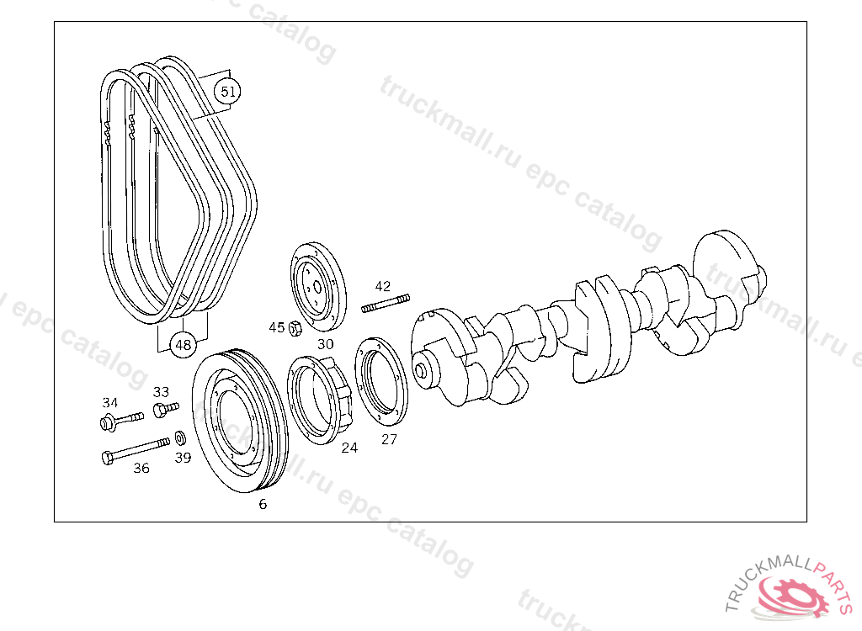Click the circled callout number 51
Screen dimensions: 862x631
(227, 91)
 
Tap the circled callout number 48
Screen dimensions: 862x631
(183, 345)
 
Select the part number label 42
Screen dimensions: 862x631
(383, 286)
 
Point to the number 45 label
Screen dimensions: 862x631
(276, 327)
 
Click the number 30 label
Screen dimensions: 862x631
(326, 344)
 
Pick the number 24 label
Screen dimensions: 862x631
(349, 448)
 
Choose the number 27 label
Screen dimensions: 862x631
(389, 439)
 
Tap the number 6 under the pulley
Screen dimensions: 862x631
(263, 504)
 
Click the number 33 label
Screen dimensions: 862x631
(161, 392)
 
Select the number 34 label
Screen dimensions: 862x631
(110, 403)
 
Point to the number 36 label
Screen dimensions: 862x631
(141, 468)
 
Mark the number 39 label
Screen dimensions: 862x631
(183, 458)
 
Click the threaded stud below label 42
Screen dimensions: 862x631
(386, 303)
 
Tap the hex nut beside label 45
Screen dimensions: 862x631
(295, 328)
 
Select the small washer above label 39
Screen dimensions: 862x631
(180, 438)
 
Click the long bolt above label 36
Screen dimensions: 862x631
(136, 450)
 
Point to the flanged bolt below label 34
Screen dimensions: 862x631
(121, 421)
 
